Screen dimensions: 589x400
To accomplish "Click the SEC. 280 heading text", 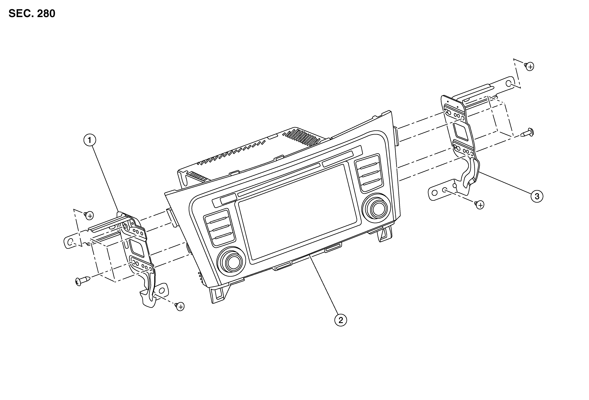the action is click(32, 14).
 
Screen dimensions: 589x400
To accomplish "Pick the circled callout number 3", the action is click(537, 196).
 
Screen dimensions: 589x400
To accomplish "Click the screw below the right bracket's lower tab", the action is click(479, 204).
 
